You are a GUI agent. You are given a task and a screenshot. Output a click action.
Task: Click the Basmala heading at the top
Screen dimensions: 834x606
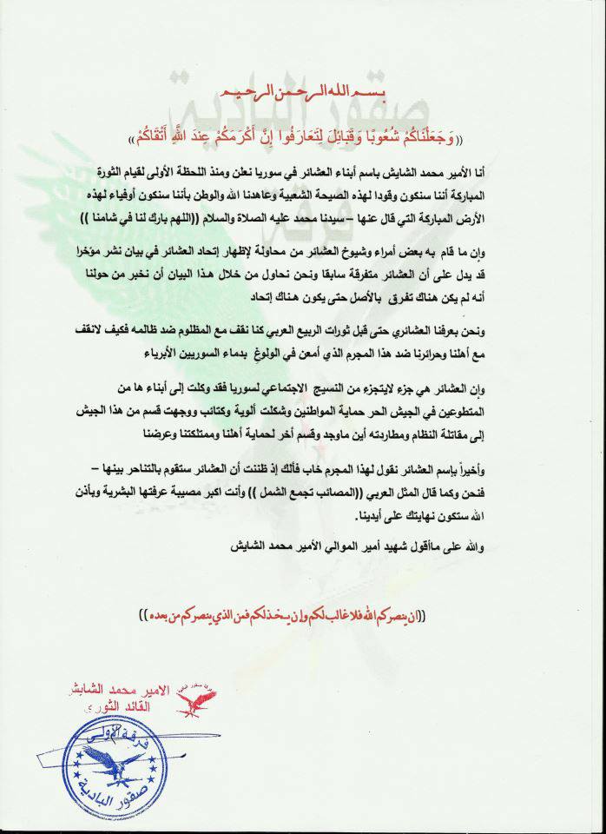point(304,93)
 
